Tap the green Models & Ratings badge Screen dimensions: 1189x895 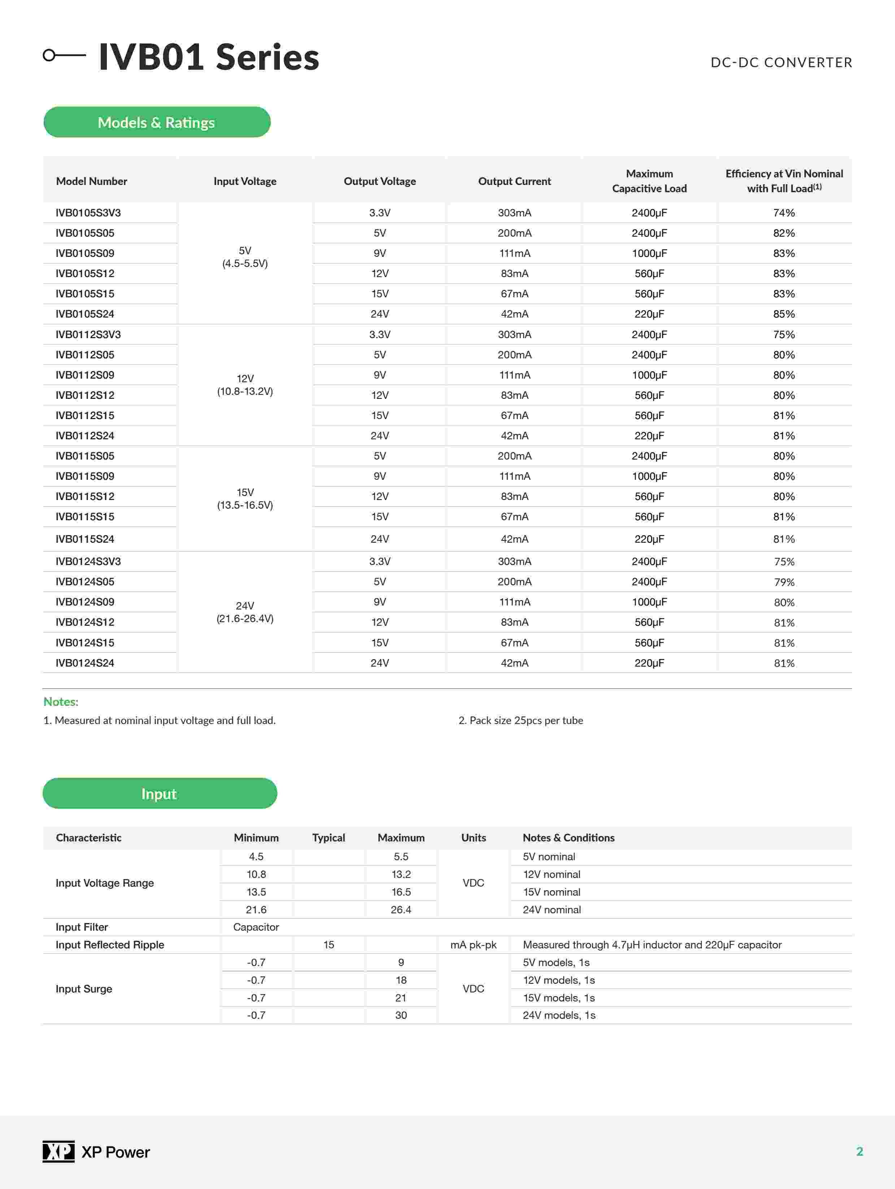156,122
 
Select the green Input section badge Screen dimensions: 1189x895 160,793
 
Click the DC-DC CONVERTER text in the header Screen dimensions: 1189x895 781,63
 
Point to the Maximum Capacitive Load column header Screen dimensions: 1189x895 649,181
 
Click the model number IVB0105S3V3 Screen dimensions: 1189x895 88,213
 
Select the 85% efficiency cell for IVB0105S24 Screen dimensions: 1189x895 784,314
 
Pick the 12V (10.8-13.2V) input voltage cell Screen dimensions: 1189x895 245,385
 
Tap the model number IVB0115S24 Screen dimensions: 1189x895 85,539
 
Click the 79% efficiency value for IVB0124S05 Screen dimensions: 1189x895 784,582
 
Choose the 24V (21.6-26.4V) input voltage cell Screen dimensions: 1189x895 245,612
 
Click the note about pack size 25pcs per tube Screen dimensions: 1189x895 521,720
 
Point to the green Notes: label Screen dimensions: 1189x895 61,702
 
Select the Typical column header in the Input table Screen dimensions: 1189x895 328,837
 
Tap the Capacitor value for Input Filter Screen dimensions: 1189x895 256,927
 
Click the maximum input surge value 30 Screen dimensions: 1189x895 401,1015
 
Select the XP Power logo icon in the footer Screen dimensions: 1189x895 58,1151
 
